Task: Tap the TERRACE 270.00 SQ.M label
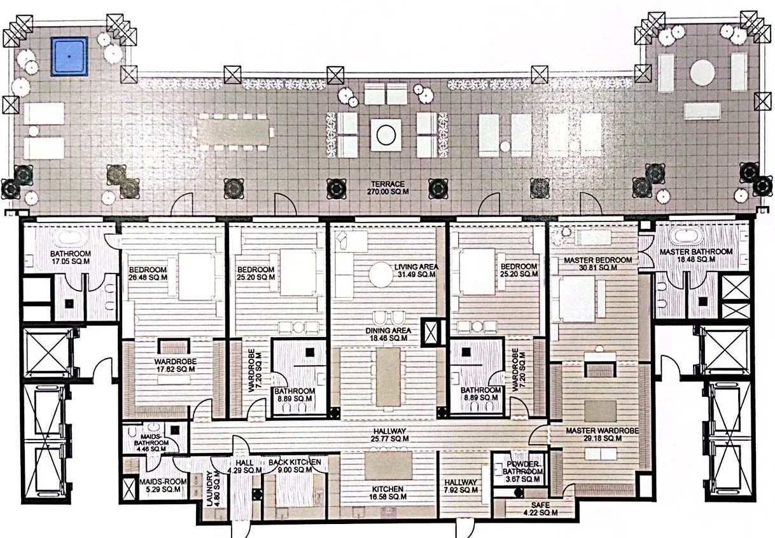(x=387, y=188)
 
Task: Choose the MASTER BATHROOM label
(x=695, y=256)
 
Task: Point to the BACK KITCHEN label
(x=294, y=466)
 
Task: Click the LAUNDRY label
(x=213, y=488)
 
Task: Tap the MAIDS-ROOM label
(x=162, y=485)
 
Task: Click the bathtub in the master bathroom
(x=687, y=236)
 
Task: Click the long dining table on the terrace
(x=233, y=132)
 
